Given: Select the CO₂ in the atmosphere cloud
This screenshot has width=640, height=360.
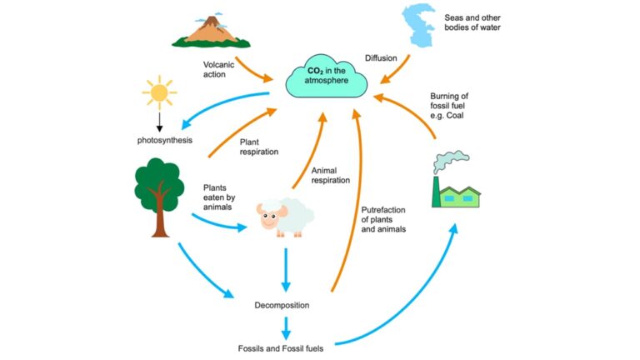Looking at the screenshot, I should click(327, 77).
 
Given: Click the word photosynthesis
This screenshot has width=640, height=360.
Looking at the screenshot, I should click(165, 139).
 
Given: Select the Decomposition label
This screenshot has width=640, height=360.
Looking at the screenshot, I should click(282, 305).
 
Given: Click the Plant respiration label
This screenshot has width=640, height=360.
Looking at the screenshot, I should click(258, 147).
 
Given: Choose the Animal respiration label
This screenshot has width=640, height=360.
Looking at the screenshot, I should click(330, 174).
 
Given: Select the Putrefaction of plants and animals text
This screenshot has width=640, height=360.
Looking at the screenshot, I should click(383, 218).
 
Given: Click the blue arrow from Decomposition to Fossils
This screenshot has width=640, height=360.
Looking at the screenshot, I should click(285, 327).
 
